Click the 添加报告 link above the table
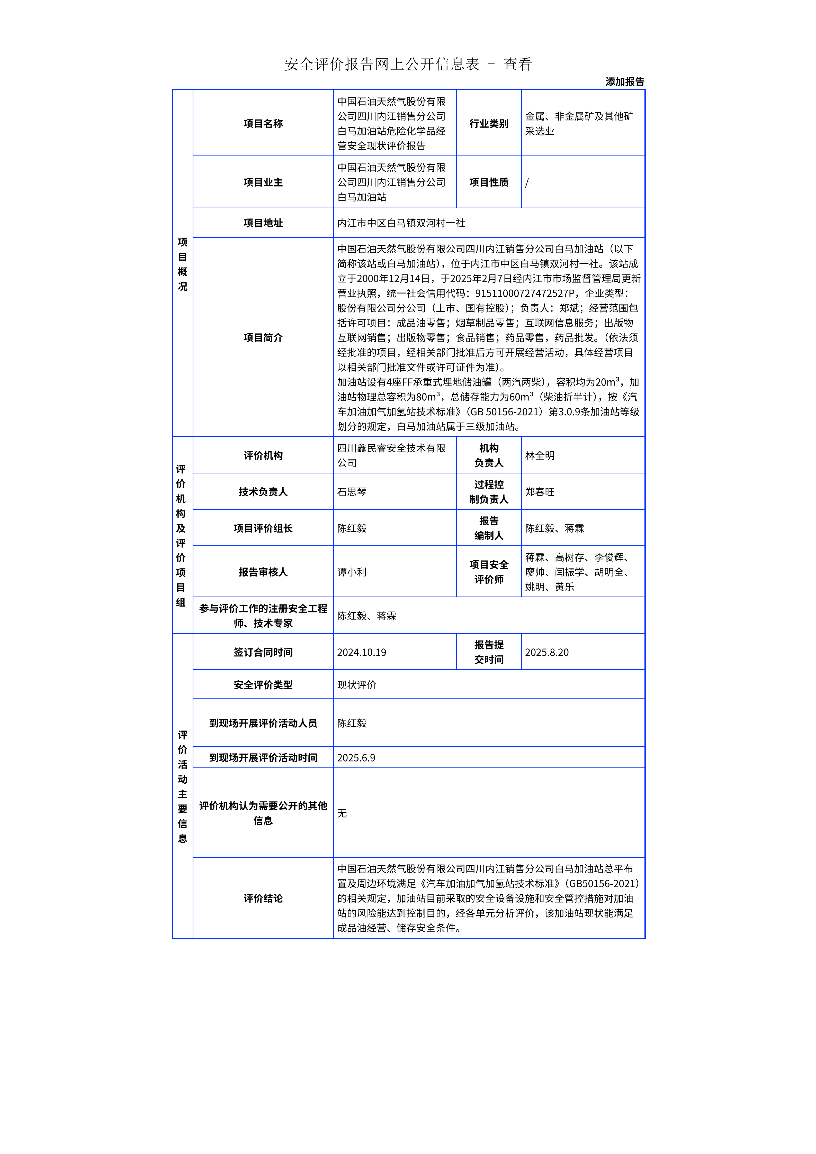(624, 82)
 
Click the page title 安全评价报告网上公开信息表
(382, 64)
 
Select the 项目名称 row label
(263, 124)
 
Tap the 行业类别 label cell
(489, 124)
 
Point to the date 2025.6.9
(356, 757)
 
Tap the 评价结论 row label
(263, 898)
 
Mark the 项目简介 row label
(263, 338)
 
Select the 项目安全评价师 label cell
(489, 572)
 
